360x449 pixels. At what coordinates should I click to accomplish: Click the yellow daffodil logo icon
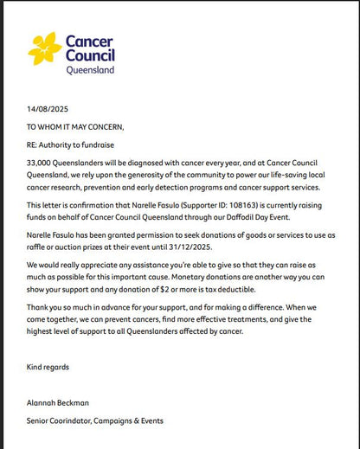tap(45, 48)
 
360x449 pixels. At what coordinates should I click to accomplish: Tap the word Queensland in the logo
tap(90, 71)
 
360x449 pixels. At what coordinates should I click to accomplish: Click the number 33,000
tap(39, 162)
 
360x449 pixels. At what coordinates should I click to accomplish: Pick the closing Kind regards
tap(47, 367)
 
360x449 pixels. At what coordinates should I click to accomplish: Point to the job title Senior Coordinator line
tap(94, 420)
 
